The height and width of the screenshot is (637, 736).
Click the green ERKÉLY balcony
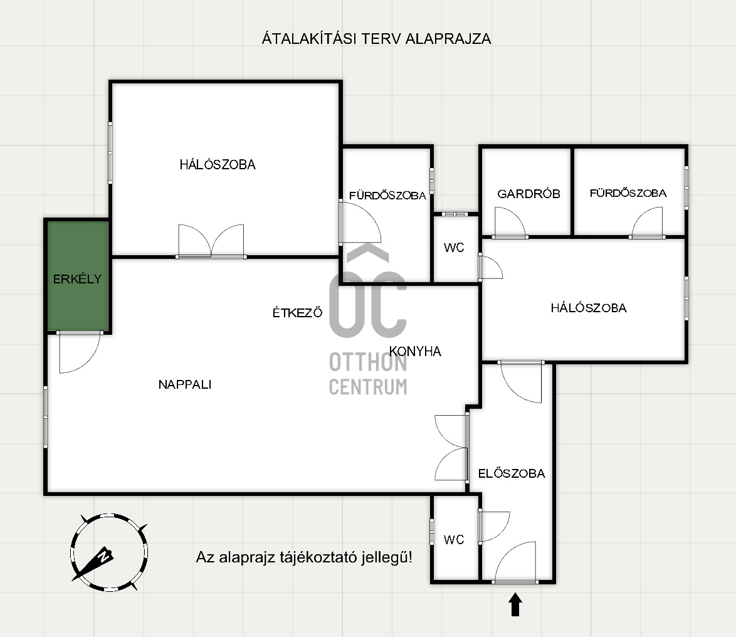coord(78,275)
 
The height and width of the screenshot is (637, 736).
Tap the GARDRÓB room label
coord(528,194)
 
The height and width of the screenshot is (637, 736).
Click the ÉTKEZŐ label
coord(298,313)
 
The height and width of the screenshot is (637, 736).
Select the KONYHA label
coord(415,351)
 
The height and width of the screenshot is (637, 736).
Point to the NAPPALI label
coord(185,384)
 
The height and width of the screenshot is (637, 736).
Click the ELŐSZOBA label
coord(512,473)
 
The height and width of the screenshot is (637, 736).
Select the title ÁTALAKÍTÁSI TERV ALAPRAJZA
coord(376,38)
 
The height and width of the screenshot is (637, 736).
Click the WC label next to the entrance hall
coord(454,540)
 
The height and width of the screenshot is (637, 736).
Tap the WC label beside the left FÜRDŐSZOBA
coord(454,248)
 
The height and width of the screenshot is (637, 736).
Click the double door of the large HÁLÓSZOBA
coord(211,241)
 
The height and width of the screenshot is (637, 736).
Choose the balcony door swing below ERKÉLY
coord(79,352)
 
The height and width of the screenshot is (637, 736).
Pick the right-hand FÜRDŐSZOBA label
coord(628,193)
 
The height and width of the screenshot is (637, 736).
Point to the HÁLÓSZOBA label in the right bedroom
coord(589,308)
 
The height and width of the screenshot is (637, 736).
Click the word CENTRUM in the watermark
coord(368,387)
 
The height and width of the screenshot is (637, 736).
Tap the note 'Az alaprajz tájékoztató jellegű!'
coord(304,557)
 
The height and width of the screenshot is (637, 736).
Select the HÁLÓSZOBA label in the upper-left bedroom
coord(218,164)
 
